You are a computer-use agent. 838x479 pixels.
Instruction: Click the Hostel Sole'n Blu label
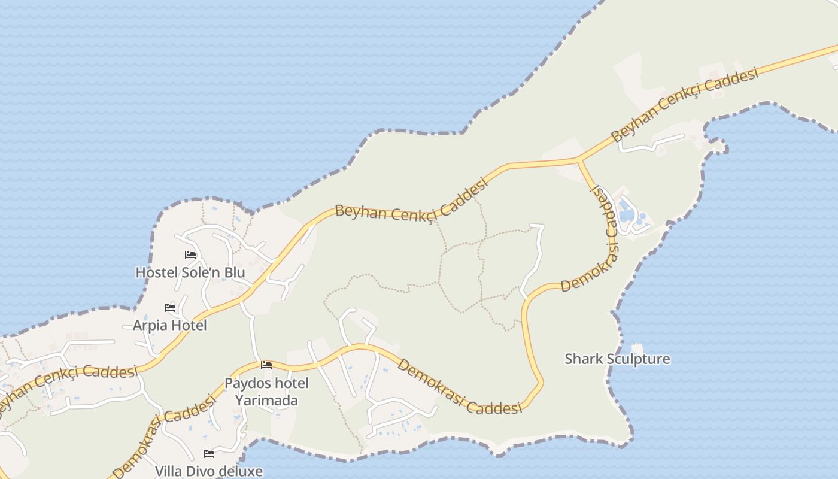point(190,273)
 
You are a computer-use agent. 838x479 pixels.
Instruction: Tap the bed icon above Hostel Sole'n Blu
point(190,255)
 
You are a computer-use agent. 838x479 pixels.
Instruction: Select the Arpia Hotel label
point(169,325)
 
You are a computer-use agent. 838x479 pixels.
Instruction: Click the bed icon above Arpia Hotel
point(170,308)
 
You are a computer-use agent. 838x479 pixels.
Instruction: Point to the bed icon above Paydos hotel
point(266,365)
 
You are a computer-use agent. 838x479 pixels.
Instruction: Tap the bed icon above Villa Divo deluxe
point(208,454)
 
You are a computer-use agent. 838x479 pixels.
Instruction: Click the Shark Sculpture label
point(617,359)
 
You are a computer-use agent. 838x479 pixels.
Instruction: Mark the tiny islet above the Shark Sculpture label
point(637,348)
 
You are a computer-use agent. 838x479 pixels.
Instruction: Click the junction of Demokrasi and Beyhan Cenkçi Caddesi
point(578,160)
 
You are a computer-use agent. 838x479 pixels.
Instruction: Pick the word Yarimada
point(266,400)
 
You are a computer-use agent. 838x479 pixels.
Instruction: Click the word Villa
point(169,471)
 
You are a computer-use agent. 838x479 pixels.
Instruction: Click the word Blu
point(235,273)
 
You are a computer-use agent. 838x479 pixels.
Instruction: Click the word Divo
point(199,471)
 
